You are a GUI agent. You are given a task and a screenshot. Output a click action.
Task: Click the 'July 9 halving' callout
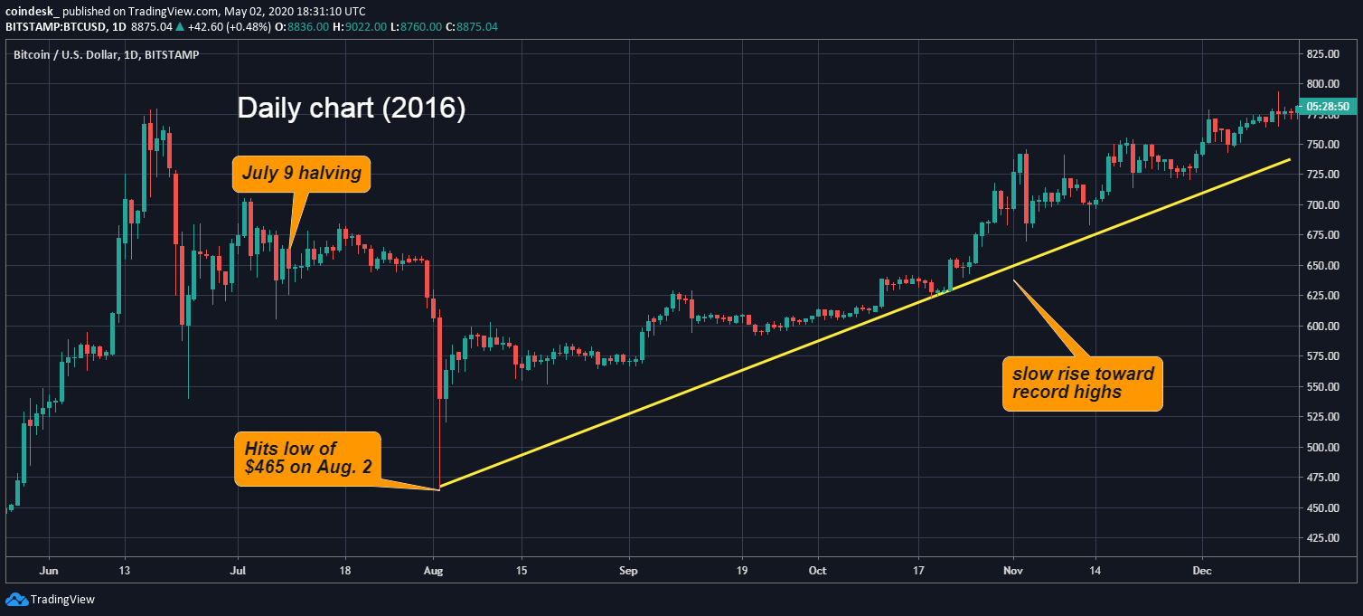[x=301, y=174]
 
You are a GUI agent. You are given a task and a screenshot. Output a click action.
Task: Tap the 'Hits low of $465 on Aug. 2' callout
[x=307, y=459]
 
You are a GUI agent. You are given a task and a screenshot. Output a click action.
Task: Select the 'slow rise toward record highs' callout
[x=1082, y=384]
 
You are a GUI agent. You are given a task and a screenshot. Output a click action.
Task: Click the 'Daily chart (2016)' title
[x=351, y=109]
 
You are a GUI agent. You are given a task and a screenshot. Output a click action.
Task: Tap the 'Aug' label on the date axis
[x=435, y=571]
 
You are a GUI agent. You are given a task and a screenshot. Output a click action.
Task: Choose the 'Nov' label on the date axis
[x=1012, y=571]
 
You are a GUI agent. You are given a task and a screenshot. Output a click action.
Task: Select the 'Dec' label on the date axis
[x=1202, y=571]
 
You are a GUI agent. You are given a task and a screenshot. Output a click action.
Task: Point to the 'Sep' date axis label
[x=629, y=571]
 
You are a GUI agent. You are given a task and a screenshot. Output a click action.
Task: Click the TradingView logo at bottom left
[x=50, y=599]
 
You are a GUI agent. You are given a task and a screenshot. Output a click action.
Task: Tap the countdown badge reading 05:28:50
[x=1330, y=107]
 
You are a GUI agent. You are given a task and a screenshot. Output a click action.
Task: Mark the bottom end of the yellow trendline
[x=439, y=488]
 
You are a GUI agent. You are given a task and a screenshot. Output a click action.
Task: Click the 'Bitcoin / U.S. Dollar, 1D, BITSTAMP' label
[x=106, y=54]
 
